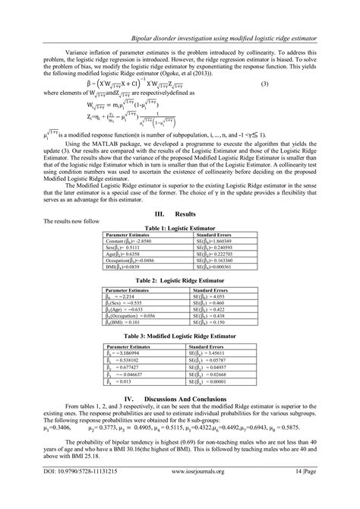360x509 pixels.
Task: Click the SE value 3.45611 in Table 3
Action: point(214,354)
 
